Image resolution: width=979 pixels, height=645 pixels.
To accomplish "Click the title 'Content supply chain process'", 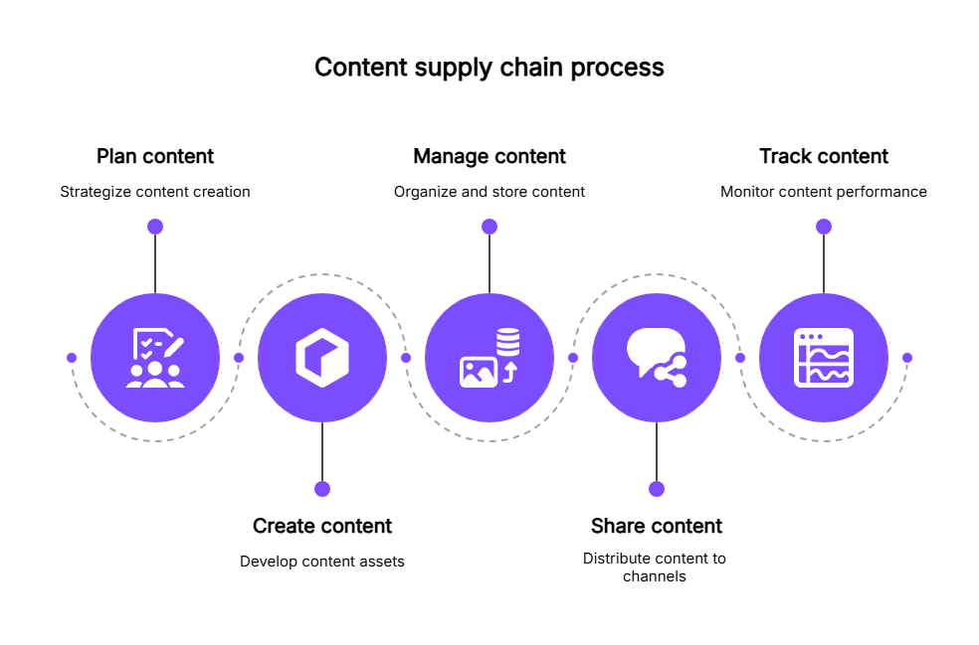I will pyautogui.click(x=489, y=68).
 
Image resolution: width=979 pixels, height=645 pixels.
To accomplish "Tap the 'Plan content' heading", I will pyautogui.click(x=155, y=156).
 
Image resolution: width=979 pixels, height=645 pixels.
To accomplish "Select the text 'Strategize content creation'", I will pyautogui.click(x=155, y=192).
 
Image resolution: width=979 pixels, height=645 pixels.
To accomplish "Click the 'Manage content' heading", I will pyautogui.click(x=489, y=156).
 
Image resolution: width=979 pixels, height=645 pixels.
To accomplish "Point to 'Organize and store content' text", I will pyautogui.click(x=489, y=192).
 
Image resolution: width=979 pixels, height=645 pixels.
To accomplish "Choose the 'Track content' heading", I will pyautogui.click(x=824, y=156).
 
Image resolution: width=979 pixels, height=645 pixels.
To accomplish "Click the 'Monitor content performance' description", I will pyautogui.click(x=824, y=192).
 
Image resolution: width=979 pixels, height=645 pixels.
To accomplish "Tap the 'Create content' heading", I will pyautogui.click(x=322, y=526).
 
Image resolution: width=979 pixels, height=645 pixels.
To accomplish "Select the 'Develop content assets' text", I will pyautogui.click(x=322, y=562).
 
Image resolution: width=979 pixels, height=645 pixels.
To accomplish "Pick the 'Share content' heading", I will pyautogui.click(x=657, y=526).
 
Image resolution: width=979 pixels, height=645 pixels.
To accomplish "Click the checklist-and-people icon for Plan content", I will pyautogui.click(x=155, y=358).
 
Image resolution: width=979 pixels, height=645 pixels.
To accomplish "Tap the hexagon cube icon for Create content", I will pyautogui.click(x=322, y=358).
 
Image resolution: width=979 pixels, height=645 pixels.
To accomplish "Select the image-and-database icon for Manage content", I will pyautogui.click(x=489, y=358).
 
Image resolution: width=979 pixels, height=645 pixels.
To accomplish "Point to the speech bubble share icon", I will pyautogui.click(x=657, y=358).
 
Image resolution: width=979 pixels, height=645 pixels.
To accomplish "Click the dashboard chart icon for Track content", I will pyautogui.click(x=824, y=358).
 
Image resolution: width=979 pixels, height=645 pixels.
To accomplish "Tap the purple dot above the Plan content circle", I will pyautogui.click(x=155, y=227).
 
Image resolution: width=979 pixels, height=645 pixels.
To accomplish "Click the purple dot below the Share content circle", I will pyautogui.click(x=657, y=489).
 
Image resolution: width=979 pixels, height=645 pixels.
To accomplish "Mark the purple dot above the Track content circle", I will pyautogui.click(x=824, y=227).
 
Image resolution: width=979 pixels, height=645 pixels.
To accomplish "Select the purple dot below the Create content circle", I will pyautogui.click(x=322, y=489).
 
